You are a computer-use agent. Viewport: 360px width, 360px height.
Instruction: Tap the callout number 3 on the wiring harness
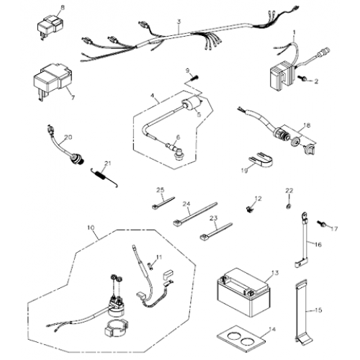pyautogui.click(x=178, y=23)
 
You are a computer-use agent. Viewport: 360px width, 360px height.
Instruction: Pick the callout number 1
pyautogui.click(x=294, y=32)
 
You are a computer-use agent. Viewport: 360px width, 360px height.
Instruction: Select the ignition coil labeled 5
pyautogui.click(x=192, y=106)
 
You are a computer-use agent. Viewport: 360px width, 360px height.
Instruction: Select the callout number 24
pyautogui.click(x=186, y=203)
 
